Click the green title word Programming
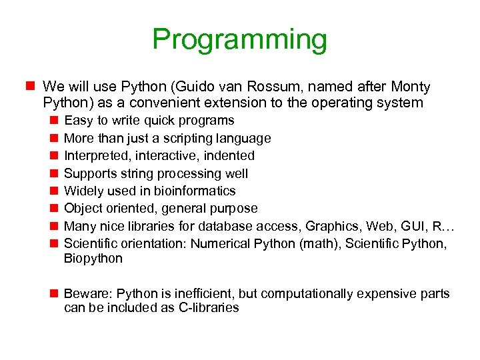pos(239,39)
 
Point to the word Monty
pos(411,87)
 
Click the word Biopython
pos(93,259)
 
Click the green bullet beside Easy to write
pos(53,121)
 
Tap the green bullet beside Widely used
pos(53,191)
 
